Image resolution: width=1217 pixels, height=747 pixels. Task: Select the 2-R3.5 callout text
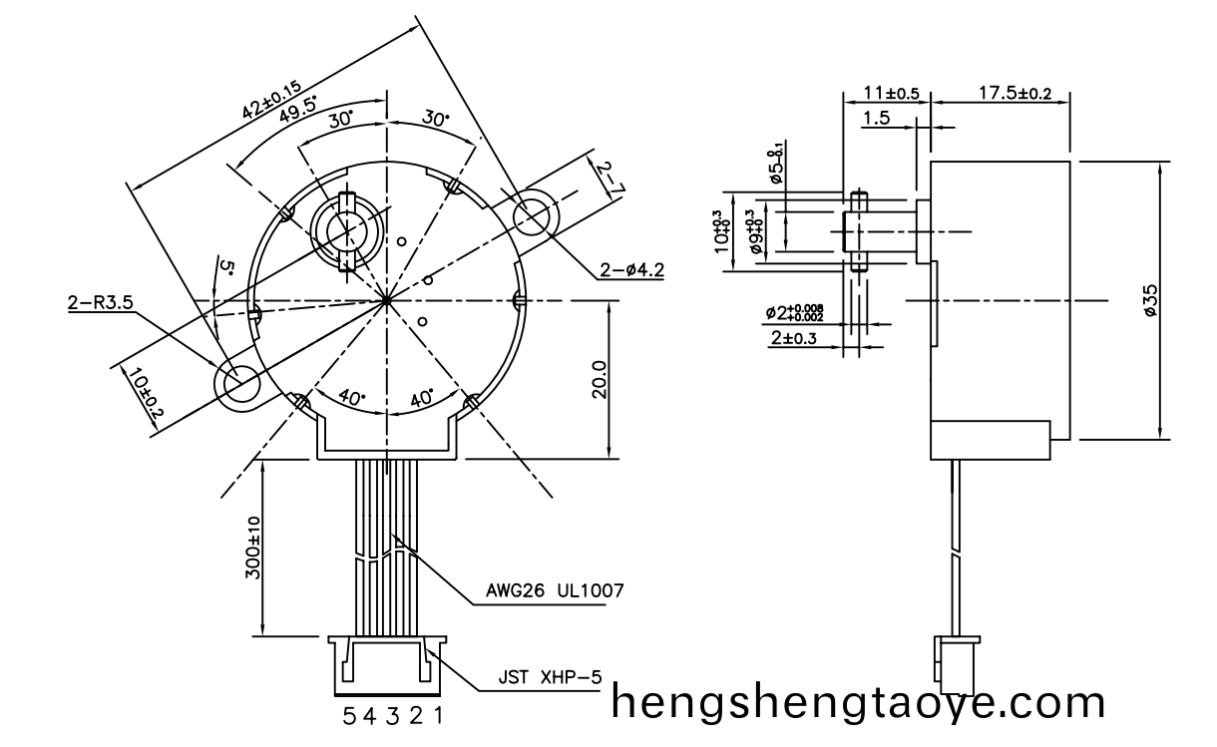click(101, 302)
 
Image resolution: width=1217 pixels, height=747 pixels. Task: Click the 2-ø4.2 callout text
click(632, 269)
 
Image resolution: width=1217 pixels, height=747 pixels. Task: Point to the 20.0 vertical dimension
click(598, 379)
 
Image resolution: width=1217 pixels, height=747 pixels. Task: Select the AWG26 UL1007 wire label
click(556, 590)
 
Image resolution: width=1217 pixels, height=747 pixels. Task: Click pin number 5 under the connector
click(349, 716)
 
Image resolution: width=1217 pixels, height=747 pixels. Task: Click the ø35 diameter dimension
click(1150, 300)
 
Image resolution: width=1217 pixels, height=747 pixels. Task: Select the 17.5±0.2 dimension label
click(1014, 93)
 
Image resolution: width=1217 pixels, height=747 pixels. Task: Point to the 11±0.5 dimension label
click(891, 93)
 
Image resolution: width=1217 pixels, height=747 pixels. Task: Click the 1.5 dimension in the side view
click(876, 119)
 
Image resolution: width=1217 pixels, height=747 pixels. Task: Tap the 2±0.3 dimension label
click(793, 339)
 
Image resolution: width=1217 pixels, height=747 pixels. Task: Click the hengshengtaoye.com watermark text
click(858, 704)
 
